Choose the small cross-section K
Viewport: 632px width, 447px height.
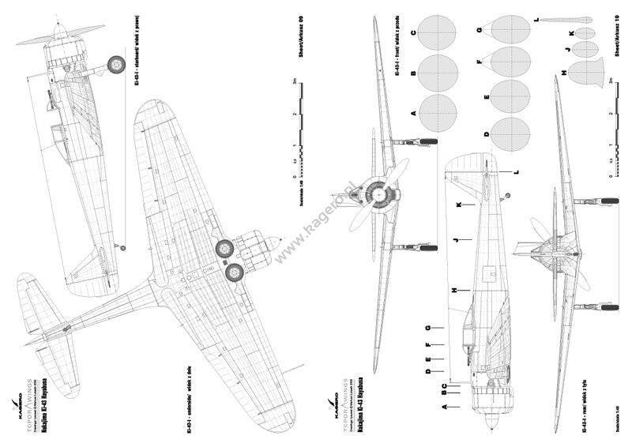point(585,33)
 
